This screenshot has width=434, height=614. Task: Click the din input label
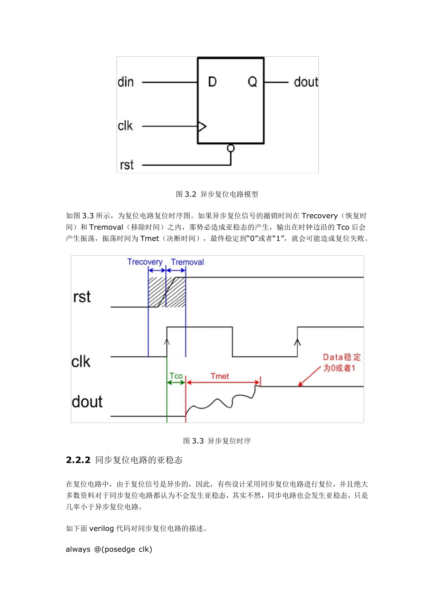coord(126,82)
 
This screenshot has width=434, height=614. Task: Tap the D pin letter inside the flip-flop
coord(212,82)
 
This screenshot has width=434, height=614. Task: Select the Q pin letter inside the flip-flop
coord(252,82)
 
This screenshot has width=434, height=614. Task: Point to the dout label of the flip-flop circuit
coord(306,82)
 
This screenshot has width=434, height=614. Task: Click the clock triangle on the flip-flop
coord(201,126)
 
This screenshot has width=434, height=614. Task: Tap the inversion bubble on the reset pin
coord(231,148)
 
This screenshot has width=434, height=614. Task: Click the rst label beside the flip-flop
coord(127,165)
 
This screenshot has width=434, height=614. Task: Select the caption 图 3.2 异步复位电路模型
coord(217,194)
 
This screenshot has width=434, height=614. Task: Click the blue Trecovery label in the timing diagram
coord(145,262)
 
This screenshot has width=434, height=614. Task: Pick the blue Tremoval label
coord(187,262)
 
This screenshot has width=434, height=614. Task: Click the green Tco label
coord(176,376)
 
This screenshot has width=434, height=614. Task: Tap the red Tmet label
coord(220,376)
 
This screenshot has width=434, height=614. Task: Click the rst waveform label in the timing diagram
coord(82,297)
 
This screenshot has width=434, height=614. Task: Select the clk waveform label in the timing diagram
coord(81,362)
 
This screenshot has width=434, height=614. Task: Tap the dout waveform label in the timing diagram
coord(87,402)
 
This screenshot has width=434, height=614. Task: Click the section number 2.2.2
coord(78,460)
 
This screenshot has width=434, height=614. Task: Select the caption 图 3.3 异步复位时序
coord(217,441)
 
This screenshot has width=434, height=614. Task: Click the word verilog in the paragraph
coord(101,529)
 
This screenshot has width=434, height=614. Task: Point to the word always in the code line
coord(78,549)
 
